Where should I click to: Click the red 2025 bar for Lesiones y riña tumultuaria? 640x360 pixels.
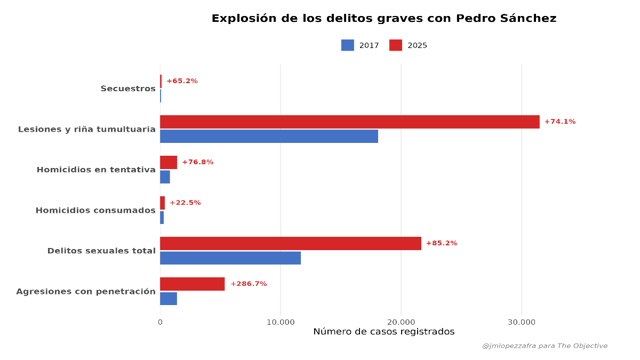pos(349,122)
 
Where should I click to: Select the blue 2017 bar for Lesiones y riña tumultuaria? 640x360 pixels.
pos(269,136)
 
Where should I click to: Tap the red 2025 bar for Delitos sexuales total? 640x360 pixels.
pos(290,243)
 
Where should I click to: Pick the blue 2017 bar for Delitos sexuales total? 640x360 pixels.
pos(230,258)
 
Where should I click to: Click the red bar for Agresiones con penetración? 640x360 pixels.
pos(192,284)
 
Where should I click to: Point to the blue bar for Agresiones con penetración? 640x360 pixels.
pos(169,298)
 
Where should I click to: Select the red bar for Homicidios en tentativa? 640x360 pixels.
pos(169,162)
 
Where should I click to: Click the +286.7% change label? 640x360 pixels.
pos(248,284)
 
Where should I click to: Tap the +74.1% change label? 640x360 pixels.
pos(559,122)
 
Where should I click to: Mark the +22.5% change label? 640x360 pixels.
pos(185,203)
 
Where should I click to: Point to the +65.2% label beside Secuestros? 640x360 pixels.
pos(182,81)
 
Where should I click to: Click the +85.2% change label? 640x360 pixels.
pos(441,243)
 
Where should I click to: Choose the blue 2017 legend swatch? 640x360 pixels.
pos(347,45)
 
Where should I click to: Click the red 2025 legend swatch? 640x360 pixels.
pos(395,45)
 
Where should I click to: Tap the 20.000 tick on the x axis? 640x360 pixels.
pos(401,322)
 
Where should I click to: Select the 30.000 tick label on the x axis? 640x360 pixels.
pos(521,322)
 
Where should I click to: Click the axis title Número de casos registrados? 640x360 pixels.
pos(383,332)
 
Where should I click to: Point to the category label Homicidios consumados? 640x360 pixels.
pos(95,210)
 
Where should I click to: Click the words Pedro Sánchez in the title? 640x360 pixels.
pos(506,19)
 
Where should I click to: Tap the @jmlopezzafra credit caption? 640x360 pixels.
pos(544,346)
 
